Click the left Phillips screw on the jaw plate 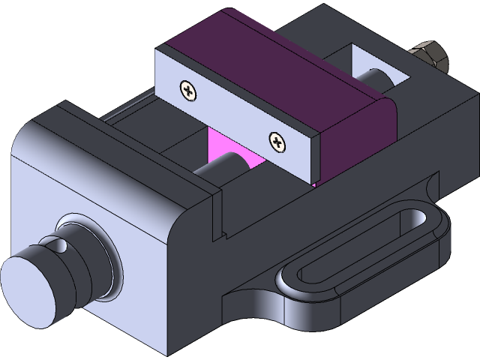coord(187,91)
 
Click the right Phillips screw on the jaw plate coord(278,140)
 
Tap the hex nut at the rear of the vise coord(427,55)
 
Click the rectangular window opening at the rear coord(375,71)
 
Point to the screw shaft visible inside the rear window coord(379,79)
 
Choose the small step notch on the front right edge coord(222,235)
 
